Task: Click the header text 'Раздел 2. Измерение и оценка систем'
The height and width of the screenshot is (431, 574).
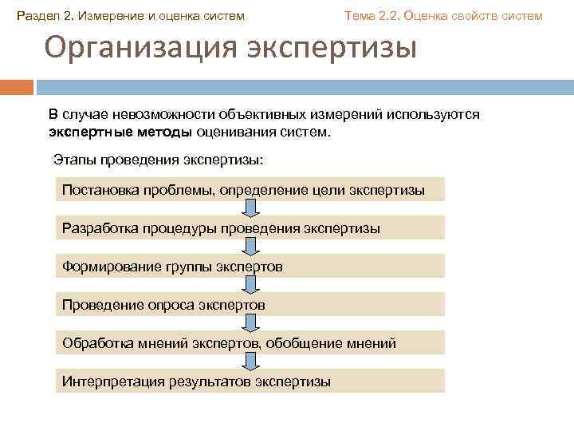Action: click(132, 16)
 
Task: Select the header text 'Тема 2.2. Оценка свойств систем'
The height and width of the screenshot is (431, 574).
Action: click(442, 16)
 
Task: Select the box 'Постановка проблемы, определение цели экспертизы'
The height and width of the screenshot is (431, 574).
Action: click(250, 189)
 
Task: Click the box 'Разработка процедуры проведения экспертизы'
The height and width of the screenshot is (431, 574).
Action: click(250, 228)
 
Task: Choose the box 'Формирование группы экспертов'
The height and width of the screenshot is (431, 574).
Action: click(250, 267)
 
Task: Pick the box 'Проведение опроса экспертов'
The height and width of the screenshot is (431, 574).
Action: click(250, 305)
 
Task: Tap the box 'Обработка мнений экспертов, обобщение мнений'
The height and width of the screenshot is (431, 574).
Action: click(250, 343)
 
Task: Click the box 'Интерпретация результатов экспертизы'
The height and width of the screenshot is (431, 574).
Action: click(250, 382)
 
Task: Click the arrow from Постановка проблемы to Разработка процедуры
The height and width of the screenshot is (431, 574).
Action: click(250, 208)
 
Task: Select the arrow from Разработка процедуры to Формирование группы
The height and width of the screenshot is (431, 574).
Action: click(250, 247)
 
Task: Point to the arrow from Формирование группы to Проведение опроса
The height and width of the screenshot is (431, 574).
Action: click(250, 285)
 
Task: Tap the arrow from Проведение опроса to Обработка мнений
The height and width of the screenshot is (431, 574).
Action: click(250, 323)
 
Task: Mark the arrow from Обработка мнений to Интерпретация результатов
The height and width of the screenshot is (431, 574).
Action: click(250, 362)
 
